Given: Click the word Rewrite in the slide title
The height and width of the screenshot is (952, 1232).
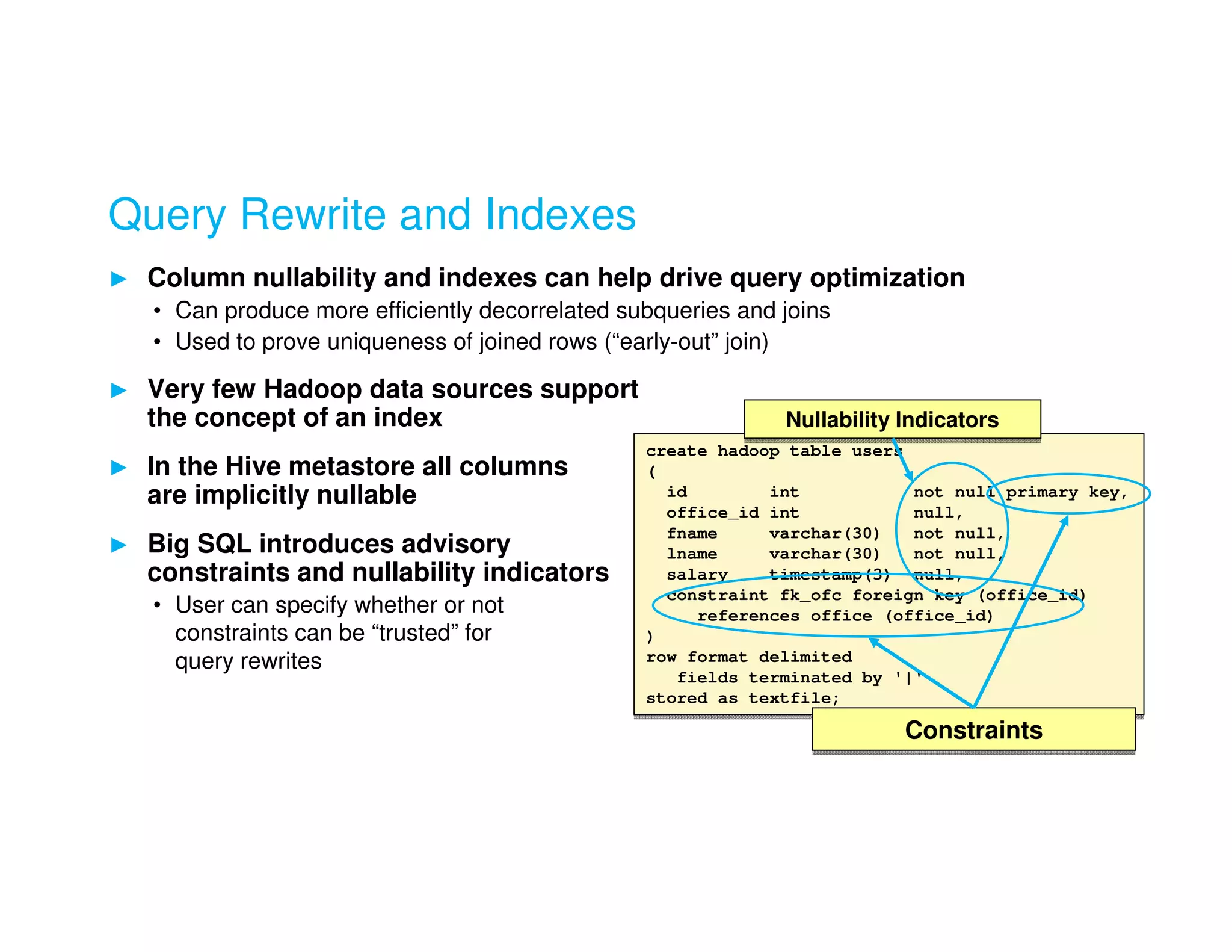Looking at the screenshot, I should tap(313, 215).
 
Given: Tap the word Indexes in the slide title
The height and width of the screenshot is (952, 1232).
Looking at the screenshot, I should tap(560, 215).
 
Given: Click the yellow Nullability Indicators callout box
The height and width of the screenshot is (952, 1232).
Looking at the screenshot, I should tap(892, 419).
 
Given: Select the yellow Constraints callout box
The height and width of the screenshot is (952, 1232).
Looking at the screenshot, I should tap(973, 730).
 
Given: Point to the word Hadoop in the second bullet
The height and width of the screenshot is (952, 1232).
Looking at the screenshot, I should tap(312, 389).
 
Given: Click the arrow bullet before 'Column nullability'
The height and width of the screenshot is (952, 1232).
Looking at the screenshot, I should tap(119, 279).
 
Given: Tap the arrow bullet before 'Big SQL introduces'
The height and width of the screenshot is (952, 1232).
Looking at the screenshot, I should tap(119, 545).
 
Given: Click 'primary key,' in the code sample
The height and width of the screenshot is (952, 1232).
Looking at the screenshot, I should tap(1066, 492).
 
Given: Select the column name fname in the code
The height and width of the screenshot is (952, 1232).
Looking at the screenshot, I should tap(692, 534).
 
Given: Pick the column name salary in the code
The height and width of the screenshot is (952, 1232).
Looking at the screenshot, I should tap(697, 575).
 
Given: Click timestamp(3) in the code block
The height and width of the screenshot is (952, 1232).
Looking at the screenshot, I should tap(830, 575).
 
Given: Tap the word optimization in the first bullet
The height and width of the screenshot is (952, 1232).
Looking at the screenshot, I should tap(887, 278).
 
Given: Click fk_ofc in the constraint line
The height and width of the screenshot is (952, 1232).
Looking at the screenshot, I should tap(810, 595).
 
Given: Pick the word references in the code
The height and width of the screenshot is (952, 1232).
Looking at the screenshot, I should tap(748, 616).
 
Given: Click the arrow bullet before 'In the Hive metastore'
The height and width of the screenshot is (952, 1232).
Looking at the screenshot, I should tap(119, 468).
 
